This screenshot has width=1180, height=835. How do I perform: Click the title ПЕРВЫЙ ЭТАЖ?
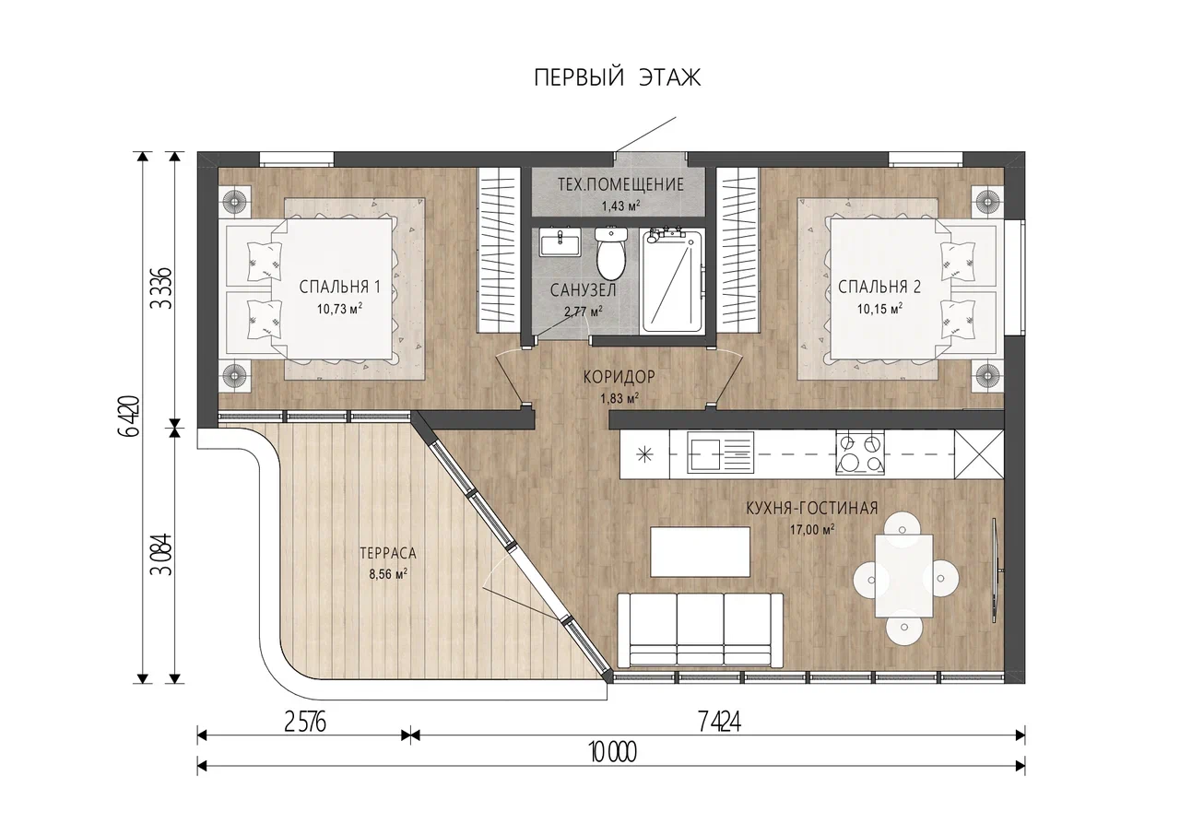point(618,78)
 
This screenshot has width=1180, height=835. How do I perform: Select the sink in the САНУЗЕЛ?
point(560,242)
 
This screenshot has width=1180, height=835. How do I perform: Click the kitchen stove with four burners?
point(860,453)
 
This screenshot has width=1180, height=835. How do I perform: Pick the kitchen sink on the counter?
point(720,453)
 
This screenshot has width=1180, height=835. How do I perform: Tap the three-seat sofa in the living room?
point(700,629)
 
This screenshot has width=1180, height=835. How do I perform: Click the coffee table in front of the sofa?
point(701,552)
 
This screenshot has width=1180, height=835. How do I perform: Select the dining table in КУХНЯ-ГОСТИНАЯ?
point(904,575)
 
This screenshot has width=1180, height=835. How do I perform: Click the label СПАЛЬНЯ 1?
point(340,287)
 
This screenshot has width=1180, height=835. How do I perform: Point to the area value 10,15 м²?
point(879,309)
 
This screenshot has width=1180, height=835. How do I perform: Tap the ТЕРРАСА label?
point(388,553)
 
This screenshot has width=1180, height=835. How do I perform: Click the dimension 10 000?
point(613,753)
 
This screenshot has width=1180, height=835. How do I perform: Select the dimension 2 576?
point(305,723)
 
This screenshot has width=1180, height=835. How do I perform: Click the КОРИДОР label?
point(619,377)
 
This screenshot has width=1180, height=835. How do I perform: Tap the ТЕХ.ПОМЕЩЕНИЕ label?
point(620,185)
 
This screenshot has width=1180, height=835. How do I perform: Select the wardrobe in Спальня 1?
point(498,250)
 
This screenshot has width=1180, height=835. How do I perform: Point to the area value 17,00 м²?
point(812,530)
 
